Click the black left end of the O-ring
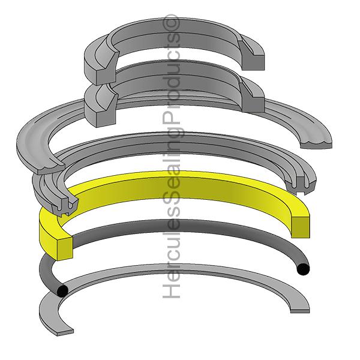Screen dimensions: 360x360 (x=61, y=290)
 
